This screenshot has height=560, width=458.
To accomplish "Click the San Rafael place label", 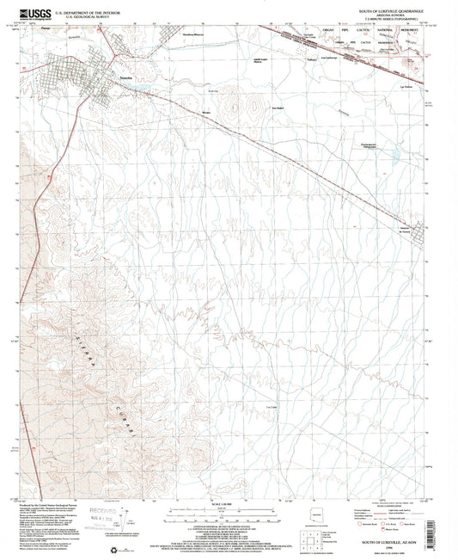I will (x=278, y=108).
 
